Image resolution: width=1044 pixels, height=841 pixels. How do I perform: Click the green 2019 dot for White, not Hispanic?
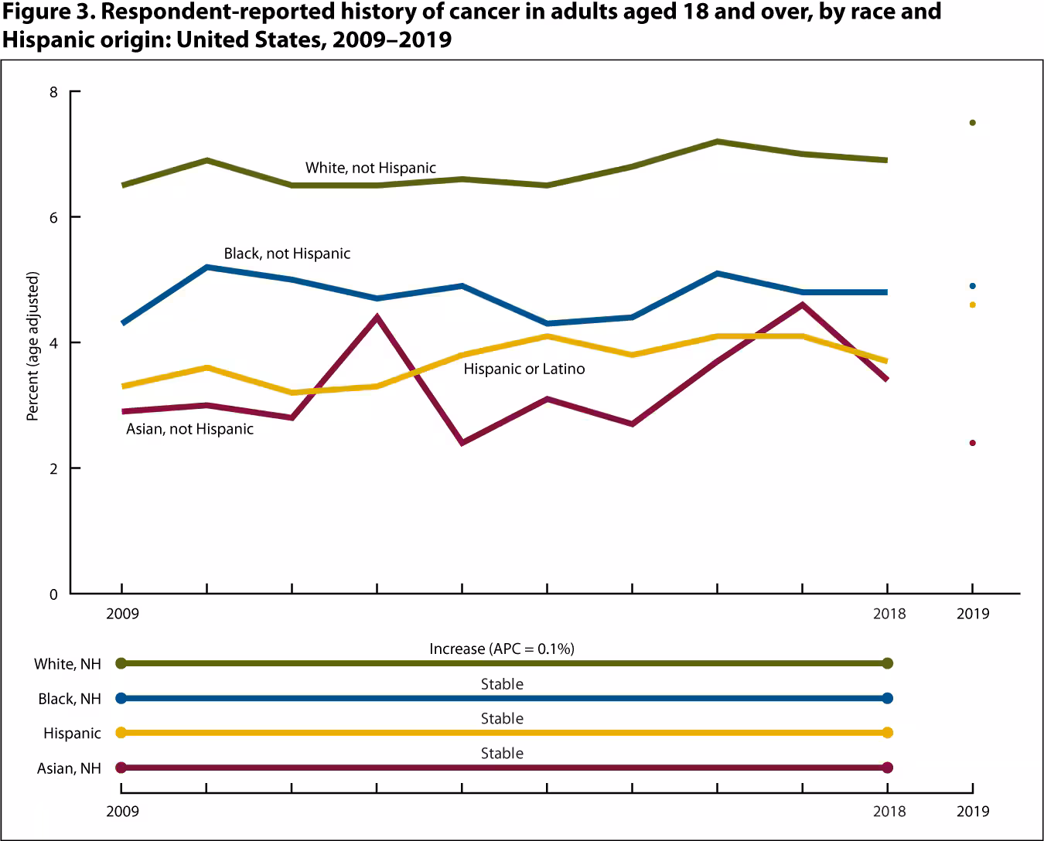coord(972,123)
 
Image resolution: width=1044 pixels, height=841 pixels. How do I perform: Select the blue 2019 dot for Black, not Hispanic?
coord(972,286)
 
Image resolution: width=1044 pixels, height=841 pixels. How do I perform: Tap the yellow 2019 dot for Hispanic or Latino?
coord(972,305)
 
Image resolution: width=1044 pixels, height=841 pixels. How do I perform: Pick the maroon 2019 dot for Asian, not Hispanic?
coord(972,443)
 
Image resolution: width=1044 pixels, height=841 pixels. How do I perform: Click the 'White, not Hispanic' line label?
coord(370,168)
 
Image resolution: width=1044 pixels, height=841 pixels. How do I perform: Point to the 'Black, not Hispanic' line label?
coord(287,254)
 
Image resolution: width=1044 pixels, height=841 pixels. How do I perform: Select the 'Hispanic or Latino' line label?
coord(524,369)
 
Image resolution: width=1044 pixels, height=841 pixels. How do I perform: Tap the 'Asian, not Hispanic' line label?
coord(189,429)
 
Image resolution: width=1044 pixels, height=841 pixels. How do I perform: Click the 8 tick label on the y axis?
coord(53,92)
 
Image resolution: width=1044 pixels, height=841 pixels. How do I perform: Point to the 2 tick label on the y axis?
coord(53,468)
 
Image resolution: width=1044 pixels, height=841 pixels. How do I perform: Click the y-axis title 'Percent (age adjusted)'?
coord(32,346)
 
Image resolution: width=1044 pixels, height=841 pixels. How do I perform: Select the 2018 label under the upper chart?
coord(889,614)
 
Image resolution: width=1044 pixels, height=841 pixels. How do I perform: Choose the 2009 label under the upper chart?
coord(122,614)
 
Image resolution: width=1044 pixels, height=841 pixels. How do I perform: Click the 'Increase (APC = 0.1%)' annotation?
coord(502,649)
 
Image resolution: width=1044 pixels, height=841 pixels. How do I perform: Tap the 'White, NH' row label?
coord(67,664)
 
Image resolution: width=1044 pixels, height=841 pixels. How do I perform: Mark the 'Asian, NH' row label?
coord(69,768)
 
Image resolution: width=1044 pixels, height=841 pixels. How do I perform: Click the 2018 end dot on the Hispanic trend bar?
coord(887,733)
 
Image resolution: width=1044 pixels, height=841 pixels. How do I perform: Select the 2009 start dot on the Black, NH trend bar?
coord(121,698)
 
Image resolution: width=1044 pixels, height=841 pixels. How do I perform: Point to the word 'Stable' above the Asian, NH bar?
coord(502,753)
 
